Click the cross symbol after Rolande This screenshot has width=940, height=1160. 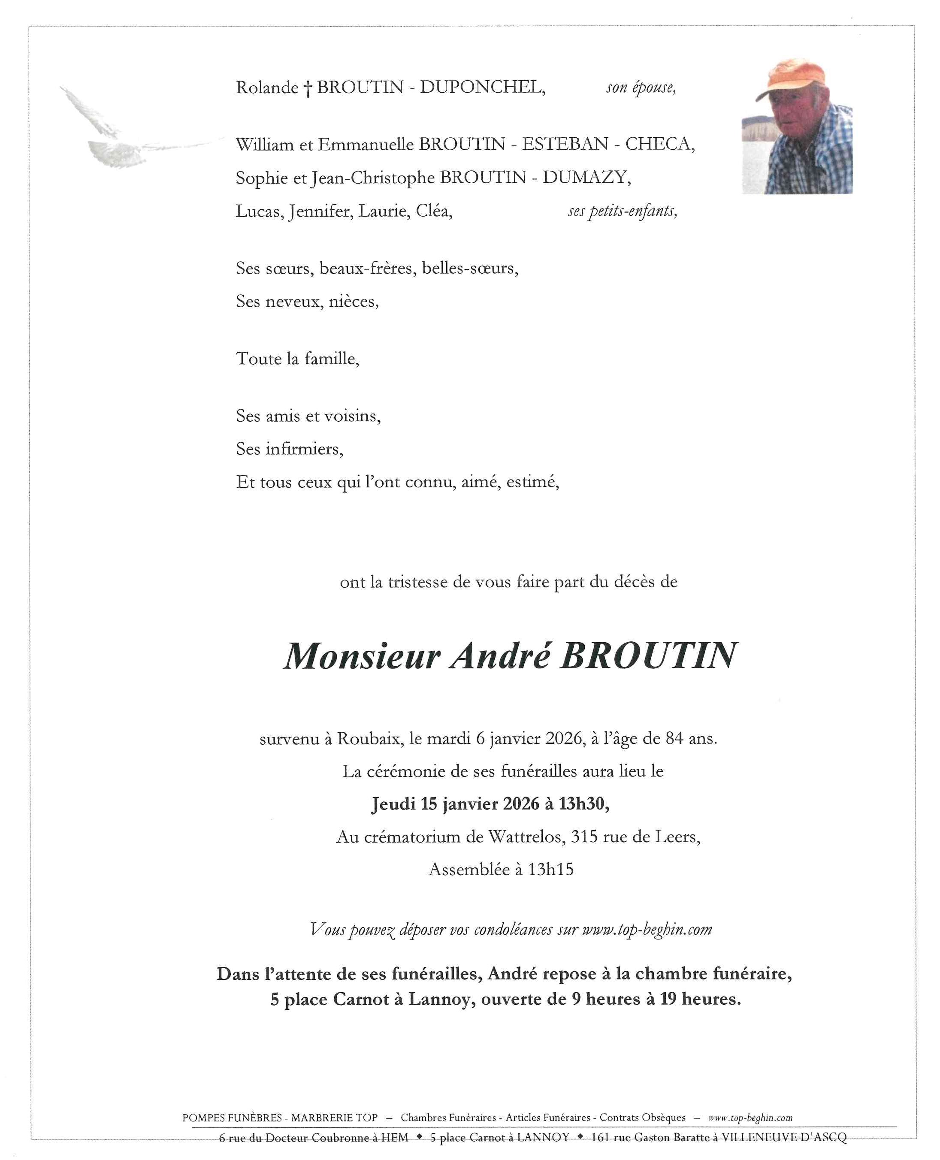click(x=307, y=88)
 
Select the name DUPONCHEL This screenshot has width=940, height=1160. click(x=482, y=87)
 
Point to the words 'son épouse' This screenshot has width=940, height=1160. click(x=641, y=88)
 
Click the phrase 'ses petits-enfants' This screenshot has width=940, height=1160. click(x=622, y=211)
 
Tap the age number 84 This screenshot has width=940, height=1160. click(x=674, y=739)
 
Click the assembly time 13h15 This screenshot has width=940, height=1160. click(x=551, y=870)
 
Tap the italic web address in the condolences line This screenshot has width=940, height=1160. click(x=647, y=930)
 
